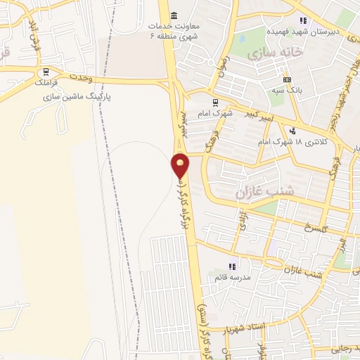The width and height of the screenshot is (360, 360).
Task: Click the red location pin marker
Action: point(181,166)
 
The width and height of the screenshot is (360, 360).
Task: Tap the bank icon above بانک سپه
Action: point(286,79)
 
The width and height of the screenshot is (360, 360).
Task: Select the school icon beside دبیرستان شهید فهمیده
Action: point(303,20)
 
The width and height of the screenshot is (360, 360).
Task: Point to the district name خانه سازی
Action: point(280,52)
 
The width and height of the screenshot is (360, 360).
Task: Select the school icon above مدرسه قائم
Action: point(233,266)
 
